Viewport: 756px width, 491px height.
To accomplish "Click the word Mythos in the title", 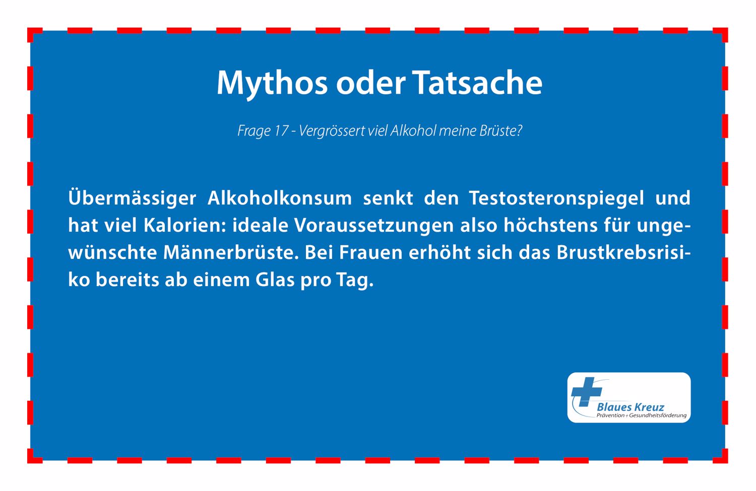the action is (x=272, y=84).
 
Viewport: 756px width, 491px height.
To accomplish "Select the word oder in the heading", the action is (x=370, y=83).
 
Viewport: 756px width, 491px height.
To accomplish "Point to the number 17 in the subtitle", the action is (x=281, y=131).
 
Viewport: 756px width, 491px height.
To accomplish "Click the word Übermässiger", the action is (x=132, y=197).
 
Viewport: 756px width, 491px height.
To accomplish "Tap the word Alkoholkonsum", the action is (x=279, y=197).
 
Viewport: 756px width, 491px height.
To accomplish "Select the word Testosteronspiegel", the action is (x=556, y=198).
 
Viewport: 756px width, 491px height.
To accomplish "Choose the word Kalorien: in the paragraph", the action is (x=184, y=225).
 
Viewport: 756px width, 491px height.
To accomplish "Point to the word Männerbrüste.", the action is (x=231, y=252).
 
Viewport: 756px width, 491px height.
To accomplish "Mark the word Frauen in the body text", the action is (x=370, y=253).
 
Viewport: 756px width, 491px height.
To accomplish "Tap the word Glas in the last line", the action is (x=275, y=279).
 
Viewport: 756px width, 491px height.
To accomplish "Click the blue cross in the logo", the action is (x=586, y=391).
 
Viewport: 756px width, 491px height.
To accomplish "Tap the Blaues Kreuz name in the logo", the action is (x=631, y=407).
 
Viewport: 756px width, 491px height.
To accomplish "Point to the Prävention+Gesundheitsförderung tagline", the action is (x=642, y=415).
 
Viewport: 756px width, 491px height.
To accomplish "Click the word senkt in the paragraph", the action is (x=388, y=197).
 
